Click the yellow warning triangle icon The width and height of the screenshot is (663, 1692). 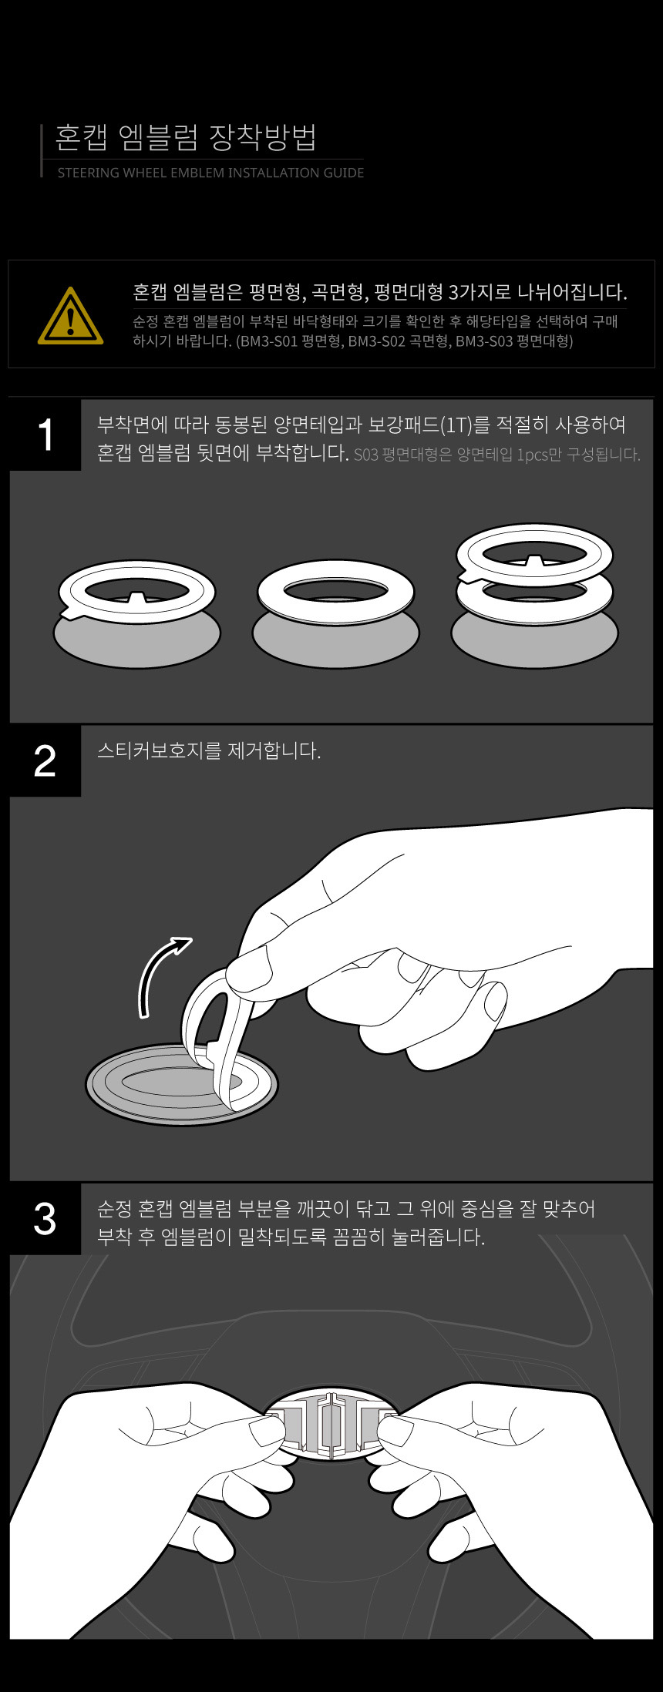pyautogui.click(x=70, y=316)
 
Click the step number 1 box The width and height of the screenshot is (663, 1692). pyautogui.click(x=45, y=435)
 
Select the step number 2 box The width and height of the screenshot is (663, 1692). pyautogui.click(x=45, y=760)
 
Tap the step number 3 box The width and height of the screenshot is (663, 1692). pyautogui.click(x=45, y=1219)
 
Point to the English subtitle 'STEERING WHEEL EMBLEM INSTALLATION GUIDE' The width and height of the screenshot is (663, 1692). pyautogui.click(x=210, y=173)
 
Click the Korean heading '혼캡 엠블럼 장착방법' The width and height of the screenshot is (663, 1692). pyautogui.click(x=186, y=137)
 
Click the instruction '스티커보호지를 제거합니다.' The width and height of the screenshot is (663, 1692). pyautogui.click(x=209, y=750)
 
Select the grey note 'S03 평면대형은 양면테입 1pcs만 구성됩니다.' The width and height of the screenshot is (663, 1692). pyautogui.click(x=497, y=455)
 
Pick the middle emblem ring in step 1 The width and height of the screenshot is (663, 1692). pyautogui.click(x=335, y=592)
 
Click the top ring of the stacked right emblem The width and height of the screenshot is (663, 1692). pyautogui.click(x=534, y=553)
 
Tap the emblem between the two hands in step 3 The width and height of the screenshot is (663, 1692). pyautogui.click(x=331, y=1426)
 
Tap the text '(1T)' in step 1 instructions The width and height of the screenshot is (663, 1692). pyautogui.click(x=455, y=425)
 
